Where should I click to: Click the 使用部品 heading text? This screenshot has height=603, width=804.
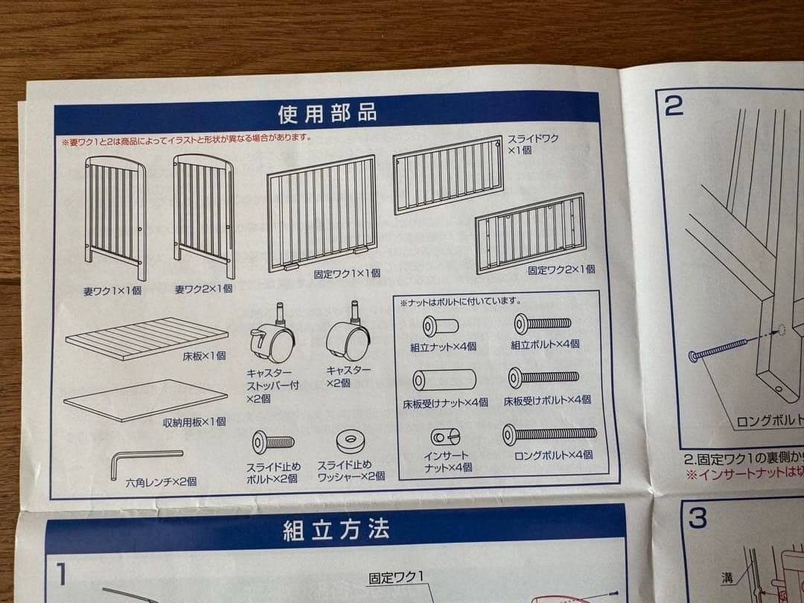tap(327, 113)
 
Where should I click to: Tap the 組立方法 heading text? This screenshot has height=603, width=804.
tap(336, 530)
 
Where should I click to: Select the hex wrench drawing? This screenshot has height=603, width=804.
tap(145, 462)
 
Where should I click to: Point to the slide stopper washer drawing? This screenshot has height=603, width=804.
tap(351, 442)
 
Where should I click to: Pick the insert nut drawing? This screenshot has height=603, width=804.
tap(445, 437)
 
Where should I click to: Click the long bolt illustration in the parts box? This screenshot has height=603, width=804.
tap(549, 434)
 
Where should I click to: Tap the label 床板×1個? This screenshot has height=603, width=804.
tap(204, 355)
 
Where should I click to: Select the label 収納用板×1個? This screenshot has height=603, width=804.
tap(194, 422)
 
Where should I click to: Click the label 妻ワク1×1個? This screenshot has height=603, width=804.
tap(112, 291)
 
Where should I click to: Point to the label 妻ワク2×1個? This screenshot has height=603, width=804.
tap(203, 289)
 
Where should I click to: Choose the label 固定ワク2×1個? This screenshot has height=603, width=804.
tap(561, 269)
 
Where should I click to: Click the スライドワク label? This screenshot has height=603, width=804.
tap(533, 138)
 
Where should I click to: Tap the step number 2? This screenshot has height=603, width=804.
tap(674, 106)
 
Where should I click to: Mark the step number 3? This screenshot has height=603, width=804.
tap(698, 518)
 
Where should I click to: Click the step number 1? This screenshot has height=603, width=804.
tap(62, 574)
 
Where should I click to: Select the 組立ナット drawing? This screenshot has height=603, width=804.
tap(441, 325)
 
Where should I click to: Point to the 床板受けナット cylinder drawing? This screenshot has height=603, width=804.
tap(444, 380)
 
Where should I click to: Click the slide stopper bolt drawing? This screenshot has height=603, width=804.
tap(272, 442)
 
